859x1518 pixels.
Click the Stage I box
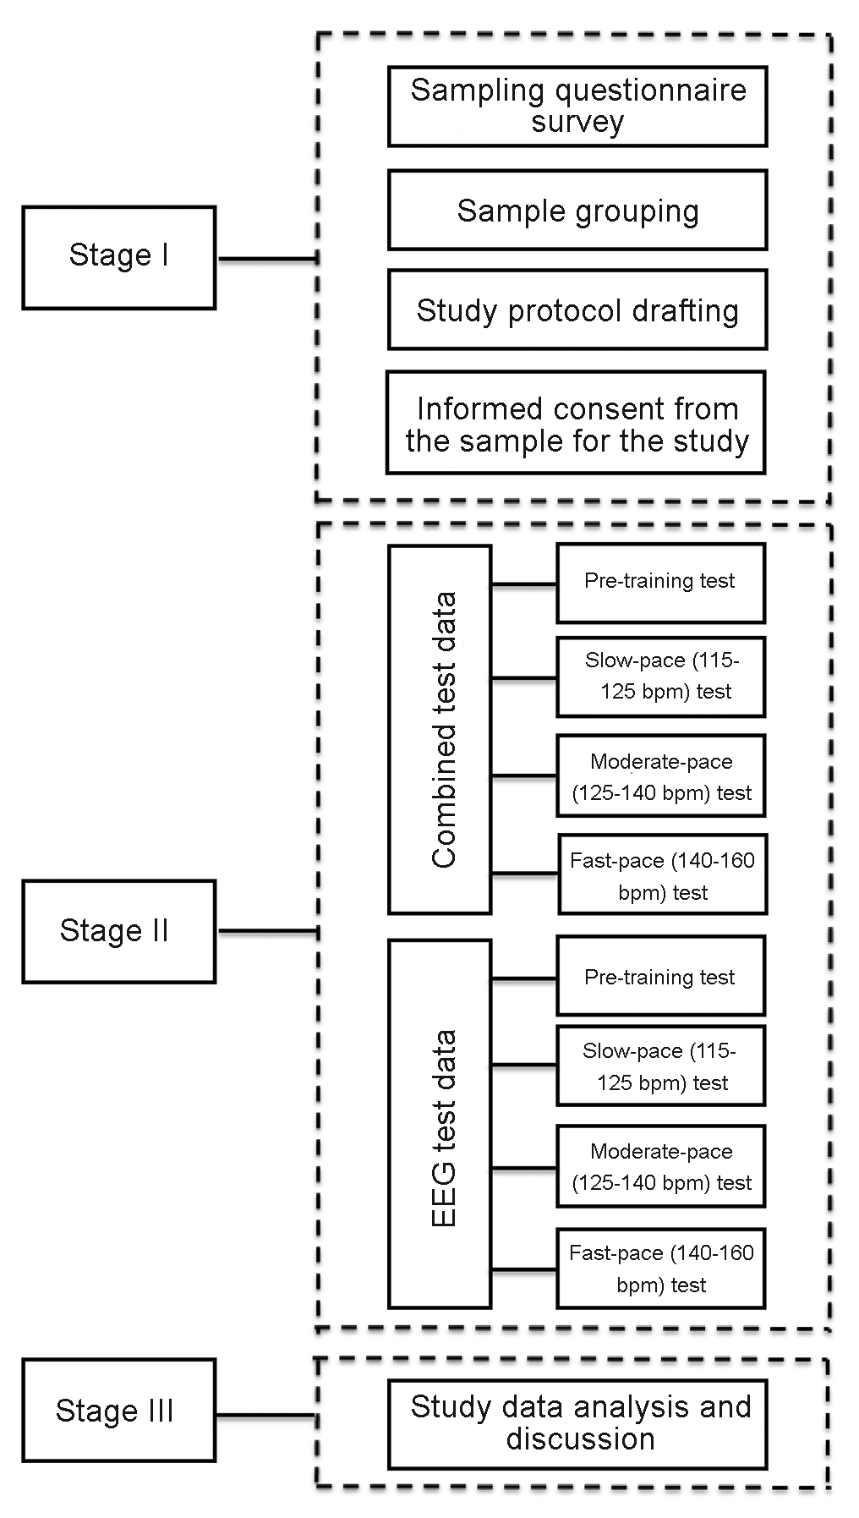point(119,257)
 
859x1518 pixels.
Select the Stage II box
point(119,931)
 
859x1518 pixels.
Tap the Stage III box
point(119,1410)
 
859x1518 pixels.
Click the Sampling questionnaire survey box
point(577,107)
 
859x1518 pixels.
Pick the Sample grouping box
point(577,211)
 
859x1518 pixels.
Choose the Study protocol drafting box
point(577,310)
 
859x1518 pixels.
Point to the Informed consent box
point(576,423)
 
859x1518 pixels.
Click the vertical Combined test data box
point(440,729)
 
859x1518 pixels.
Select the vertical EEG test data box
point(440,1124)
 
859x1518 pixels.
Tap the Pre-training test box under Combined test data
point(660,583)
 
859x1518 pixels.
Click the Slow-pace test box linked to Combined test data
point(660,677)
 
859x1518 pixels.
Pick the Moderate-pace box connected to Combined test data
point(660,776)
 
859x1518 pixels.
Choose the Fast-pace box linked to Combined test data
point(662,875)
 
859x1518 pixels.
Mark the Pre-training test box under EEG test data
point(660,976)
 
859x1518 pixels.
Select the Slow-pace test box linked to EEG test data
point(660,1066)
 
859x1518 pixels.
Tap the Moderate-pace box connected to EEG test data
point(660,1167)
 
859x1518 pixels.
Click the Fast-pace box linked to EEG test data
point(660,1269)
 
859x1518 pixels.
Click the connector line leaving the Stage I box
point(266,259)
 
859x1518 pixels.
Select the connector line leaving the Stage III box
point(265,1415)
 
